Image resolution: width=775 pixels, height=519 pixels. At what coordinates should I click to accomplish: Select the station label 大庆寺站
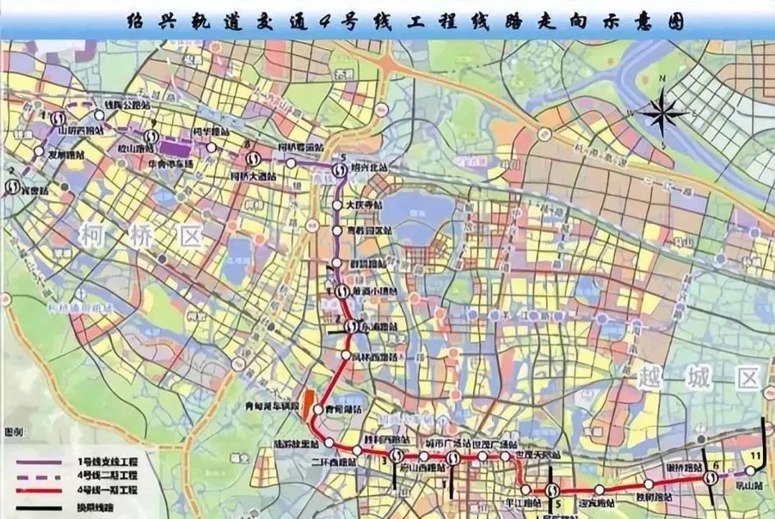coord(365,205)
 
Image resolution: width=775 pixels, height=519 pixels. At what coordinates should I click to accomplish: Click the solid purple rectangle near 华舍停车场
coord(177,148)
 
